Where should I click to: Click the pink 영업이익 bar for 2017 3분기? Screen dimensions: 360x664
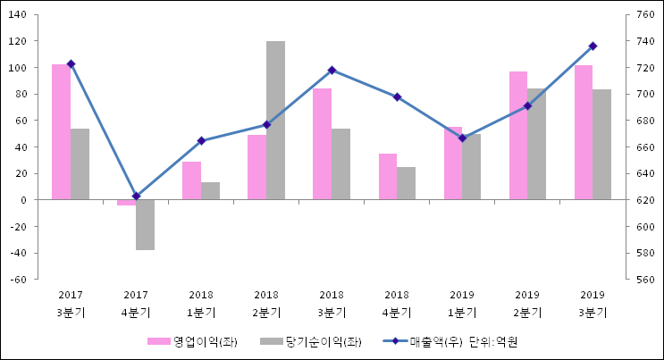pos(61,131)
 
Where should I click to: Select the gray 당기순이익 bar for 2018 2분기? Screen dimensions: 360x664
pos(275,120)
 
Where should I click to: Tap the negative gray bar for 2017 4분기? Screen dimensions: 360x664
pos(145,224)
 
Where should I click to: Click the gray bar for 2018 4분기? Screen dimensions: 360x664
pos(406,183)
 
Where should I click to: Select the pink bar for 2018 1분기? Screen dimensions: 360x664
pos(191,180)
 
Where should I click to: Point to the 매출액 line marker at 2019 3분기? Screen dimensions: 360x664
pos(593,46)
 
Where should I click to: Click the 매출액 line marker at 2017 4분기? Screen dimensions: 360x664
pos(136,196)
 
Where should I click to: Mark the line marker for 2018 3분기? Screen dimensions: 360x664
pos(332,70)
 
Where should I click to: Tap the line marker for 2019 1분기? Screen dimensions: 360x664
pos(462,138)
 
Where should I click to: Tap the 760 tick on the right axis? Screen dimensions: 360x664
pos(644,15)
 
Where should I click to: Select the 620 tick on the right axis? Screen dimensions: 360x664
pos(644,200)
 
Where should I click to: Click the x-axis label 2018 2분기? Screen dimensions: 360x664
pos(266,304)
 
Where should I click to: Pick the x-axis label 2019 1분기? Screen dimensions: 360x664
pos(462,304)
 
